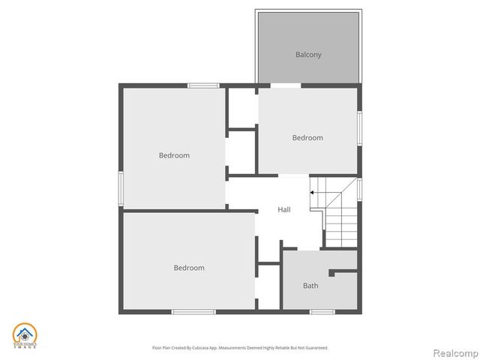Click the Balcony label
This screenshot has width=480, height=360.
[308, 55]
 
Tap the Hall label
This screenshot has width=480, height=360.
[284, 210]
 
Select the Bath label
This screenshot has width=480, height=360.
[310, 286]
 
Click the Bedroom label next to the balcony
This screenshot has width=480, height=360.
[307, 138]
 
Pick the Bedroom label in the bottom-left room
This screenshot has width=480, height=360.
[189, 268]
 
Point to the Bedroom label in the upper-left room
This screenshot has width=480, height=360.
[174, 155]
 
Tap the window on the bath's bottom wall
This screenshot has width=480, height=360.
[322, 311]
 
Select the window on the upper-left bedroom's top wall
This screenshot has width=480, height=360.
[203, 85]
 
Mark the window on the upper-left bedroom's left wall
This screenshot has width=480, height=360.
[121, 187]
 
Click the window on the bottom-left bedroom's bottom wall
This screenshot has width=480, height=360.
[193, 311]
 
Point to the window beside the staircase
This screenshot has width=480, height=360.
[359, 189]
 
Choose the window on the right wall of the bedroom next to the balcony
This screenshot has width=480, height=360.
[359, 128]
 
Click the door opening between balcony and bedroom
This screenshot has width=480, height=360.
[285, 86]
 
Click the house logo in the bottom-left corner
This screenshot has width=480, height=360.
[25, 336]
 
